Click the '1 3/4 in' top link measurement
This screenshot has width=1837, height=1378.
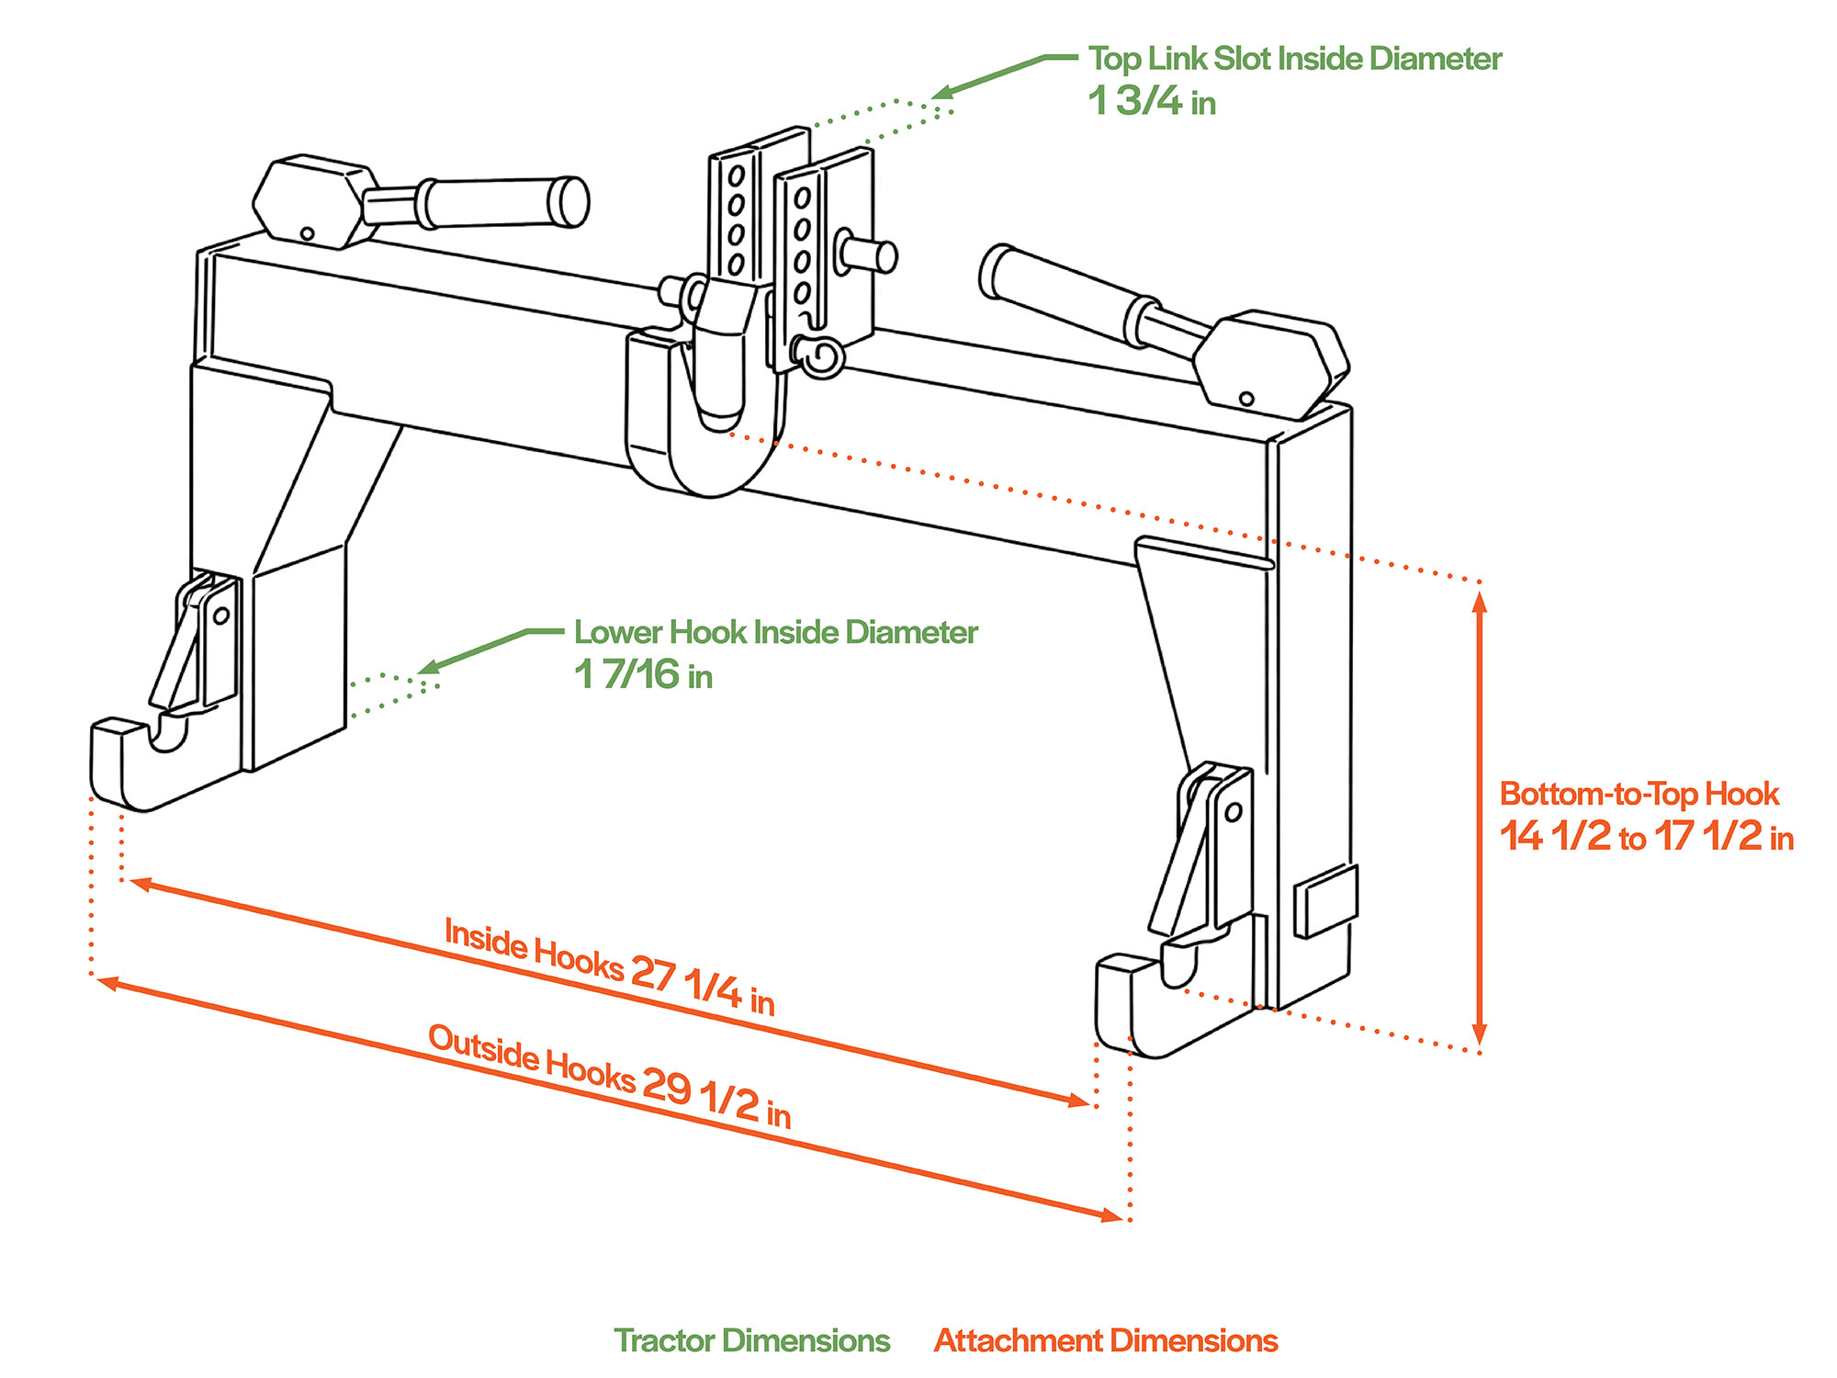pyautogui.click(x=1151, y=101)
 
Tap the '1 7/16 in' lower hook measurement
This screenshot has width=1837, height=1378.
pyautogui.click(x=643, y=675)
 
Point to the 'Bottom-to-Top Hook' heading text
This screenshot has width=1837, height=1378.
pyautogui.click(x=1639, y=794)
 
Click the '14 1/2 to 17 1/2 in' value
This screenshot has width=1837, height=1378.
pyautogui.click(x=1646, y=837)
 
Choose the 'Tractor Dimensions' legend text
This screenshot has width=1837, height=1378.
pyautogui.click(x=751, y=1340)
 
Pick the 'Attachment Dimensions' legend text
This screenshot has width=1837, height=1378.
pyautogui.click(x=1106, y=1340)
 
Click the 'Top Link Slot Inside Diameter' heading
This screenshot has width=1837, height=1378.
pyautogui.click(x=1294, y=59)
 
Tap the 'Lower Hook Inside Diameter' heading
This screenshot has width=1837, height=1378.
pyautogui.click(x=775, y=632)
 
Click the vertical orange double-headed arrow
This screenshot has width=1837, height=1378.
pyautogui.click(x=1479, y=818)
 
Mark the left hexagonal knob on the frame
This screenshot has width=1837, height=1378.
pyautogui.click(x=314, y=200)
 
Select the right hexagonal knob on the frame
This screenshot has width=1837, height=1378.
pyautogui.click(x=1272, y=360)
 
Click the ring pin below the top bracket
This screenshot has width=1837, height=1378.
pyautogui.click(x=819, y=356)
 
